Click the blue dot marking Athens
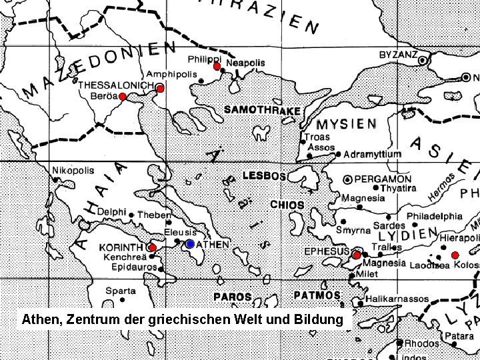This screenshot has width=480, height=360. click(x=190, y=245)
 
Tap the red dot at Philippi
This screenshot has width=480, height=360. click(x=217, y=67)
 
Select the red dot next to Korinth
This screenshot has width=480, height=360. click(x=152, y=248)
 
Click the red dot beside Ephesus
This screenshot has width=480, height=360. click(x=357, y=255)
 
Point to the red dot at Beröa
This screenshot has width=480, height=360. click(x=123, y=97)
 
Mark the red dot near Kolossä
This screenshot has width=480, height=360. click(x=455, y=255)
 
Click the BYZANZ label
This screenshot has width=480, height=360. click(x=398, y=54)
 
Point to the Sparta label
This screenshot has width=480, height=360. click(x=121, y=291)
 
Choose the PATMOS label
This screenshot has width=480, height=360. click(x=317, y=295)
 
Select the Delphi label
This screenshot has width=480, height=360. click(x=111, y=211)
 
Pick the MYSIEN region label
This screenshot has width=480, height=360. click(x=346, y=124)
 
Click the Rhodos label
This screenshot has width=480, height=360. click(x=421, y=343)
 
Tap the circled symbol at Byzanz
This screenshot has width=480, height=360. click(x=423, y=61)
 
